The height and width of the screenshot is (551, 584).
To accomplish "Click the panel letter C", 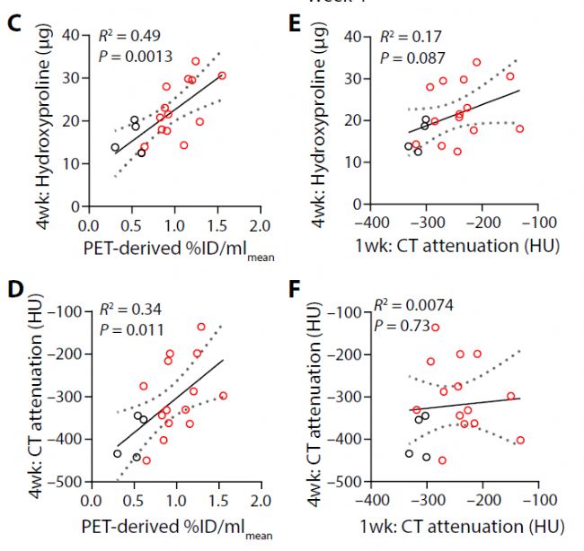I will [13, 24].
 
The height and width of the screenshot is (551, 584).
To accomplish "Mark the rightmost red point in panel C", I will [222, 75].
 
